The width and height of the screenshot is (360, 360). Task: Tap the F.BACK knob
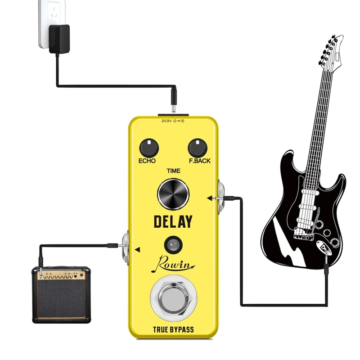point(197,147)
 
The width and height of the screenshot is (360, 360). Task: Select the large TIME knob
point(173,194)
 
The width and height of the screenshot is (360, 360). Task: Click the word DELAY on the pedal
point(173,221)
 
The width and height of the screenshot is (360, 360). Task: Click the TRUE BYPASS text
point(173,329)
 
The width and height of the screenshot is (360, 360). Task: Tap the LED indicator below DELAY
point(173,245)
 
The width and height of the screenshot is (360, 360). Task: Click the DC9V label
point(167,121)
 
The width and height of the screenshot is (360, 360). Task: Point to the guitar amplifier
point(61,294)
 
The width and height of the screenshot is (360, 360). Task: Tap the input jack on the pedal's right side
point(221,197)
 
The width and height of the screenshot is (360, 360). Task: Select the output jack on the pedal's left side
point(126,247)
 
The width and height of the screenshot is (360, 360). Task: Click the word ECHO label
point(148,161)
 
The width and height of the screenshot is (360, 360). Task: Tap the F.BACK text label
point(199,161)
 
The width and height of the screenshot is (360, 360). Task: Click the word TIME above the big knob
point(173,171)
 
